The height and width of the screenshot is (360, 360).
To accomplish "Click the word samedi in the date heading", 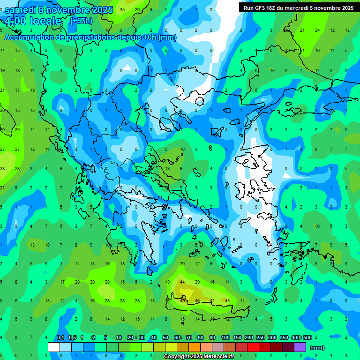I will [x=20, y=10].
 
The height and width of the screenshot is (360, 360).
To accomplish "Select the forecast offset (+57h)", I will [x=81, y=21].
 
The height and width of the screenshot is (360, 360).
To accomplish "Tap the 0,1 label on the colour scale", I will [x=60, y=338].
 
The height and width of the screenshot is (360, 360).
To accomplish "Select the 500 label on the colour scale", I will [x=307, y=338].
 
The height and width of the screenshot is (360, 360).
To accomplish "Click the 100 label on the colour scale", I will [x=225, y=338].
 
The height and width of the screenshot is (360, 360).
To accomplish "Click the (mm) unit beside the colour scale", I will [x=317, y=348].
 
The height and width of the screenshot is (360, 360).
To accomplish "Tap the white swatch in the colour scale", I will [x=54, y=347].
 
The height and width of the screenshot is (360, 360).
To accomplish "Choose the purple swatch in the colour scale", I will [x=300, y=347].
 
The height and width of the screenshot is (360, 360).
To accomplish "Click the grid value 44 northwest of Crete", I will [x=182, y=282].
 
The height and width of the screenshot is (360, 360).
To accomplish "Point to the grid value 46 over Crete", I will [x=197, y=300].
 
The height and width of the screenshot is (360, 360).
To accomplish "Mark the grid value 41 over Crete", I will [x=212, y=300].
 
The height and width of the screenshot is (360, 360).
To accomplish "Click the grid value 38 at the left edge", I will [x=3, y=168].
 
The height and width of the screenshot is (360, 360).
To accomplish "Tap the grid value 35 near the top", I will [x=122, y=9].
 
